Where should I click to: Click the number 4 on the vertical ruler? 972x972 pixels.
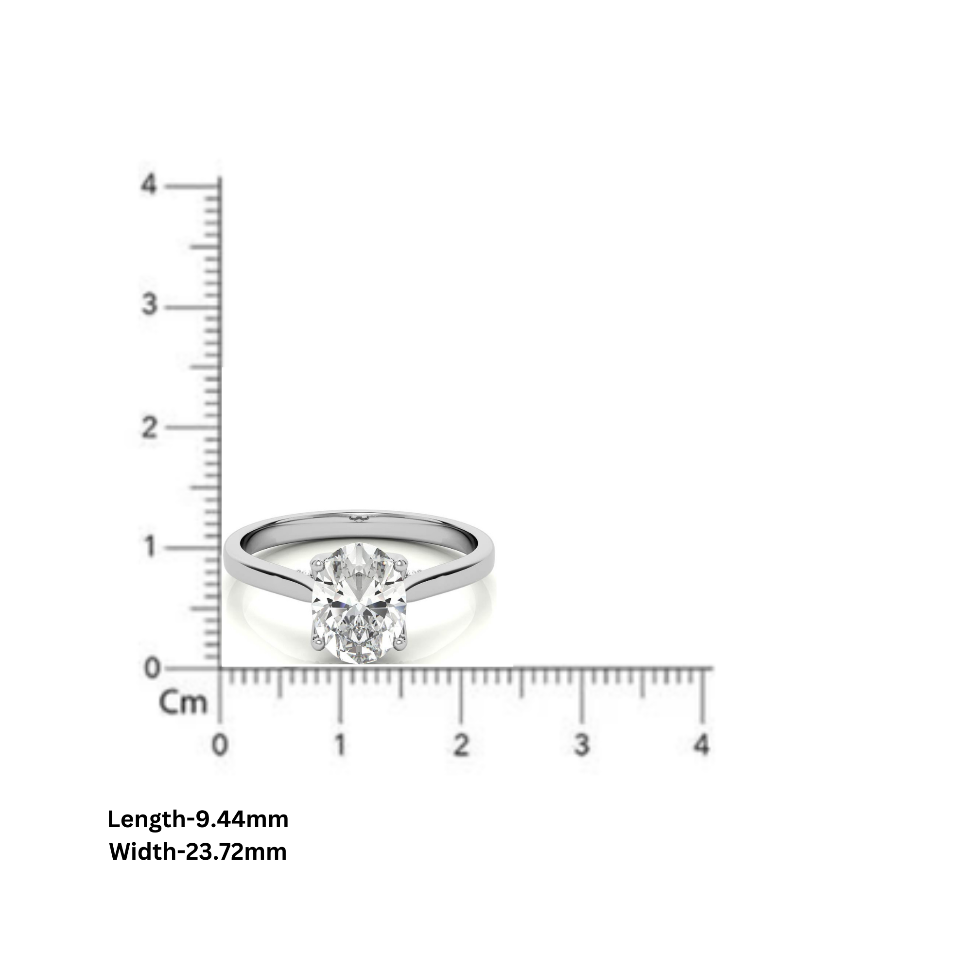click(149, 185)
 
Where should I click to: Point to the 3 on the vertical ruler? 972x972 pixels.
click(149, 305)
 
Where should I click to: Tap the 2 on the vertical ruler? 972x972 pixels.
click(149, 428)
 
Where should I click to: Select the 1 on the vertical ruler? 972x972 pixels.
click(149, 547)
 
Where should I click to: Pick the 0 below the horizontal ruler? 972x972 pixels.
click(220, 745)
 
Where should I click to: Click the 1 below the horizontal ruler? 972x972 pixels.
click(341, 745)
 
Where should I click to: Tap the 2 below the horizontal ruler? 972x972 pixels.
click(461, 745)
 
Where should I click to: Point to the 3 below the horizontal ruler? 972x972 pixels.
click(581, 745)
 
